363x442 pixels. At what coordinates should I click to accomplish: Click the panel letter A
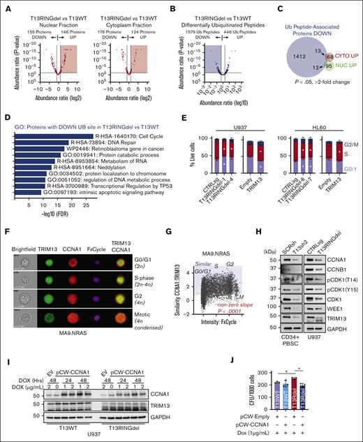pyautogui.click(x=5, y=6)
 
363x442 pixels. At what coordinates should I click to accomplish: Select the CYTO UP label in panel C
pyautogui.click(x=343, y=52)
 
